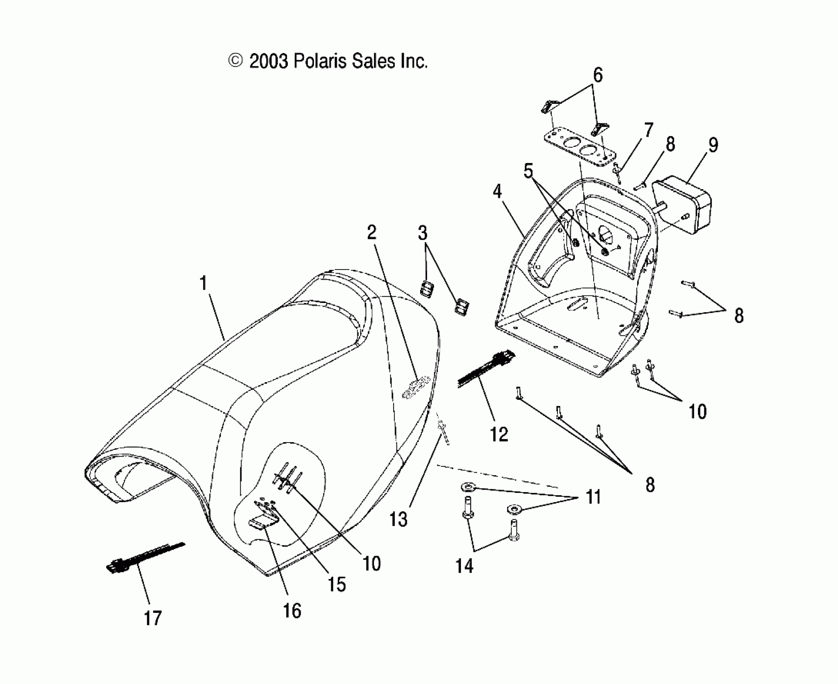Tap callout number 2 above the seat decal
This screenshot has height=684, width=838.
[x=371, y=233]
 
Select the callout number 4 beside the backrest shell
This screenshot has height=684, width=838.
[x=497, y=192]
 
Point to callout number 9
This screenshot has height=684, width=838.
[x=713, y=145]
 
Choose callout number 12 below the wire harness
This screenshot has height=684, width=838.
[x=499, y=435]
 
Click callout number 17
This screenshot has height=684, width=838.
[x=153, y=618]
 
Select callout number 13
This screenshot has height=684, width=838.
[x=398, y=519]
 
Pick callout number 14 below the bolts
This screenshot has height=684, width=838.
[x=464, y=566]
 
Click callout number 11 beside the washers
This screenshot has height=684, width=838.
[x=594, y=497]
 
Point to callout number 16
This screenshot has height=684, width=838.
[x=292, y=611]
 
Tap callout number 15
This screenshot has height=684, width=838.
[x=336, y=584]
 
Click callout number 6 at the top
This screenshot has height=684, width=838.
[x=598, y=75]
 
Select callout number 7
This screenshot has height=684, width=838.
[x=648, y=130]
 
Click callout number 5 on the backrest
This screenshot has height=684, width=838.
[x=528, y=171]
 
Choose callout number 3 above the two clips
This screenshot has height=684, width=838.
[x=422, y=233]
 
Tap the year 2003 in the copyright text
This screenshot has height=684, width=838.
[x=268, y=62]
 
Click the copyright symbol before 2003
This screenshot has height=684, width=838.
[x=235, y=61]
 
